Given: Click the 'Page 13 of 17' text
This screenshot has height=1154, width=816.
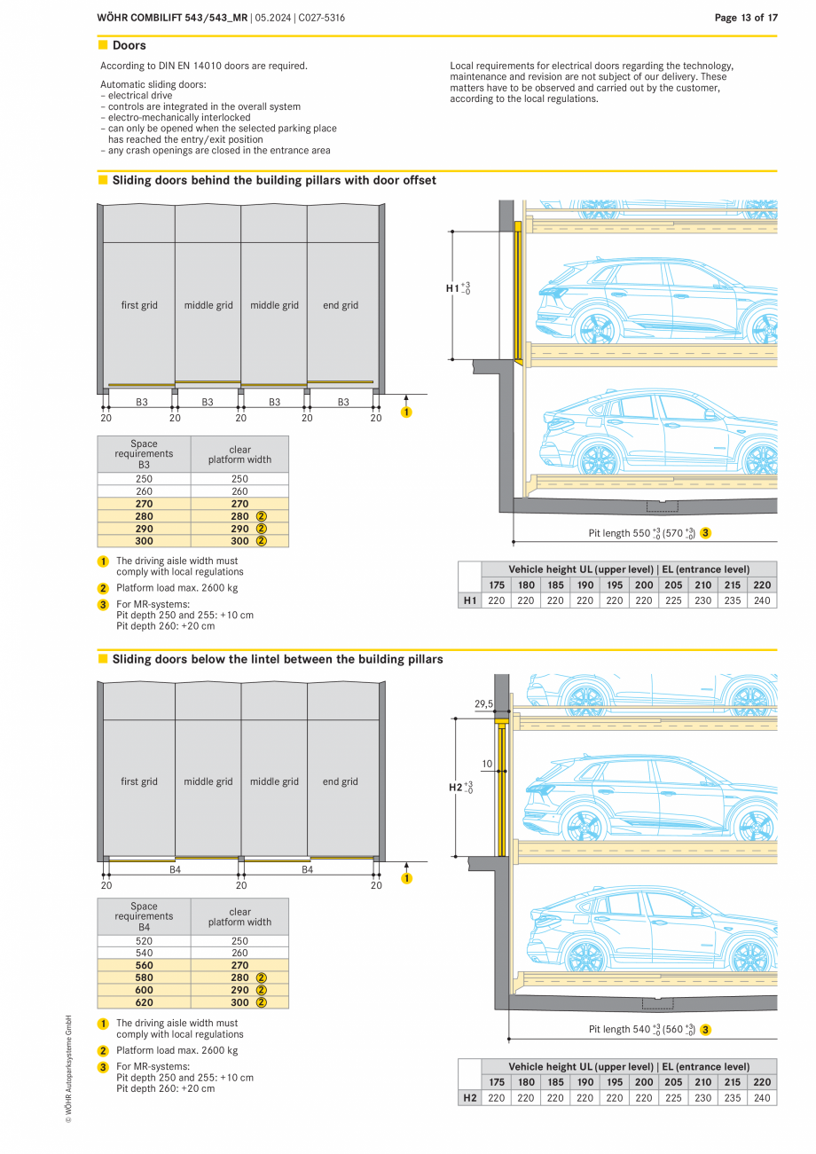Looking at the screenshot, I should pos(746,18).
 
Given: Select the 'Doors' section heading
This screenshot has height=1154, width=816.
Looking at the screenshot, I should pos(129,45).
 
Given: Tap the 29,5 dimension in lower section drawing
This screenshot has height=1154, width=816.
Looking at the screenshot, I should pos(483,704).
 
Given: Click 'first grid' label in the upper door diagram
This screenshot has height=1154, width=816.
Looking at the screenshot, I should pos(139,305).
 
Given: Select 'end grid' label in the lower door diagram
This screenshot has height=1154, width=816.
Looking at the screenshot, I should pos(341,781).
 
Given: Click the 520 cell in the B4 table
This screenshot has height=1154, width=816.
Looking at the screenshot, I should pos(144,941).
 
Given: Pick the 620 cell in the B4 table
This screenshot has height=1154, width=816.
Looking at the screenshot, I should pos(144,1002).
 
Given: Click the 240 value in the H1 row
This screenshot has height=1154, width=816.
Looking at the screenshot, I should pos(762,601).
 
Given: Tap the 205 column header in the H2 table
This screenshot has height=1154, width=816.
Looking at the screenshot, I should pos(673,1082).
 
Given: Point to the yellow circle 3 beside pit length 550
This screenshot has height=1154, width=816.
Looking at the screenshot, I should pos(705,533).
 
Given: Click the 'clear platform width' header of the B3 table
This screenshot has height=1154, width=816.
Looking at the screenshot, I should pos(239,454).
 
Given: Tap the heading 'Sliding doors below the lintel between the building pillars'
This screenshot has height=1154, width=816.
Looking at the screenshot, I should pos(277,659).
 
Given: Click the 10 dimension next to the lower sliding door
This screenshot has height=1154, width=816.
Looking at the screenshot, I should pos(487,764).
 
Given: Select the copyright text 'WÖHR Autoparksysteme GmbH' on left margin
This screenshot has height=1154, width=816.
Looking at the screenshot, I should pos(68,1069).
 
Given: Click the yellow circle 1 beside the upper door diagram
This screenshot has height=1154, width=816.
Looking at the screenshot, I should pos(406,412).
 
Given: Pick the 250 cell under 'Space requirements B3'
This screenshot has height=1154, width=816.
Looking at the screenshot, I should pos(144,479).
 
